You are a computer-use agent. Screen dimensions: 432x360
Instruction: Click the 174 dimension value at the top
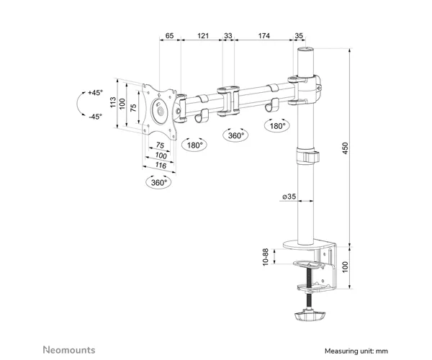tap(264, 35)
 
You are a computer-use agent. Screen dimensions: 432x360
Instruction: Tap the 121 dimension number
tap(203, 35)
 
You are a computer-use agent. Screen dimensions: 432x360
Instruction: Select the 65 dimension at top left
tap(169, 35)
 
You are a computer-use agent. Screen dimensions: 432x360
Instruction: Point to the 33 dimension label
tap(228, 35)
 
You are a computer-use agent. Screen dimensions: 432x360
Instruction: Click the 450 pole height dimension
tap(345, 148)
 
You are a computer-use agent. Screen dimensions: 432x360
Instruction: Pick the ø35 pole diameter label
tap(289, 197)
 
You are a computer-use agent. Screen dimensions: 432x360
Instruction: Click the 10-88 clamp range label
tap(266, 257)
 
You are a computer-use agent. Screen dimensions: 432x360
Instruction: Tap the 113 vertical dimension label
tap(113, 102)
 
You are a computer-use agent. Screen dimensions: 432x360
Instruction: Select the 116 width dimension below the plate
tap(161, 166)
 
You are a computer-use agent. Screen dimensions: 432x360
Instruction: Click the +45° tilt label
tap(95, 93)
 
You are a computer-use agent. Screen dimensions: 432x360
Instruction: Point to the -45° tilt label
tap(95, 117)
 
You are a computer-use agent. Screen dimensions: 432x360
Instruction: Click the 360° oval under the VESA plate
tap(158, 182)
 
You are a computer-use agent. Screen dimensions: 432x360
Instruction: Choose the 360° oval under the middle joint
tap(235, 135)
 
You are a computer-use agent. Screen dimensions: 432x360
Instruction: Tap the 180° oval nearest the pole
tap(277, 125)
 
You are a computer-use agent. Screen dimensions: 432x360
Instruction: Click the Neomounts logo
tap(69, 350)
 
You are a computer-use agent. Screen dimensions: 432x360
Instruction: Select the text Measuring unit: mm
tap(356, 351)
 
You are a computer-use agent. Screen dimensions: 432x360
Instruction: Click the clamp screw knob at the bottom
tap(309, 316)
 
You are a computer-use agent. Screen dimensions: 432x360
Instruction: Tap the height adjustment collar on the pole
tap(307, 156)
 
